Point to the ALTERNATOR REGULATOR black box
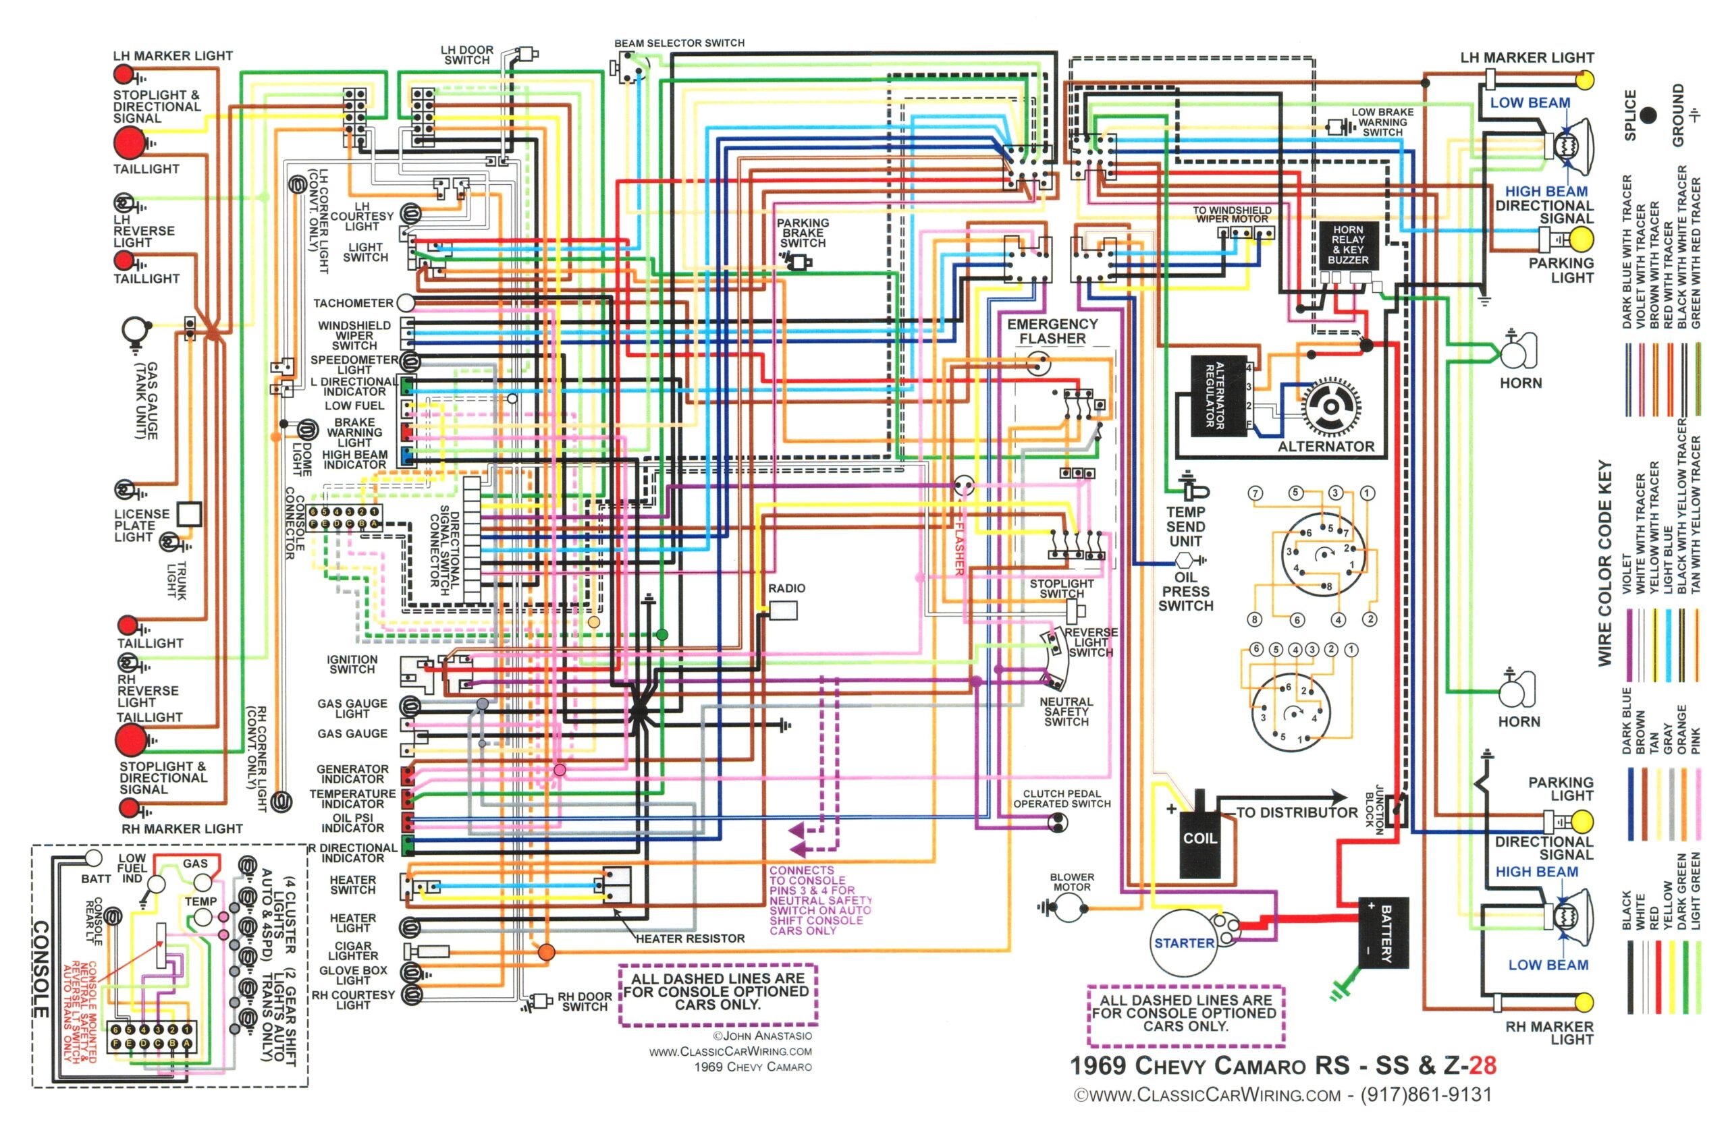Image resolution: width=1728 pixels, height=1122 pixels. coord(1219,395)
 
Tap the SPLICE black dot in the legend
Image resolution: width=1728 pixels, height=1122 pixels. coord(1649,115)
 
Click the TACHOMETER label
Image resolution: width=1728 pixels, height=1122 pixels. coord(353,303)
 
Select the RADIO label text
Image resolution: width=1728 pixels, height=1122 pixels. coord(786,588)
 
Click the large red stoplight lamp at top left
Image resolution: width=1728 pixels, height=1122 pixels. coord(128,142)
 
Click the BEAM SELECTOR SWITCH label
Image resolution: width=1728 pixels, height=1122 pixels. coord(679,43)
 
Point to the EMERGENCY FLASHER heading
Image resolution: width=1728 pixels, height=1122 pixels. coord(1052,331)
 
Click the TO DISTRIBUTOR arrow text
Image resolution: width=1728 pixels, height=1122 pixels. coord(1297,812)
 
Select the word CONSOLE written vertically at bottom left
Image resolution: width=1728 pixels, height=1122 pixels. coord(40,968)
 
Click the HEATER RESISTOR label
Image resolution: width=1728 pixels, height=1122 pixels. coord(690,938)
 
